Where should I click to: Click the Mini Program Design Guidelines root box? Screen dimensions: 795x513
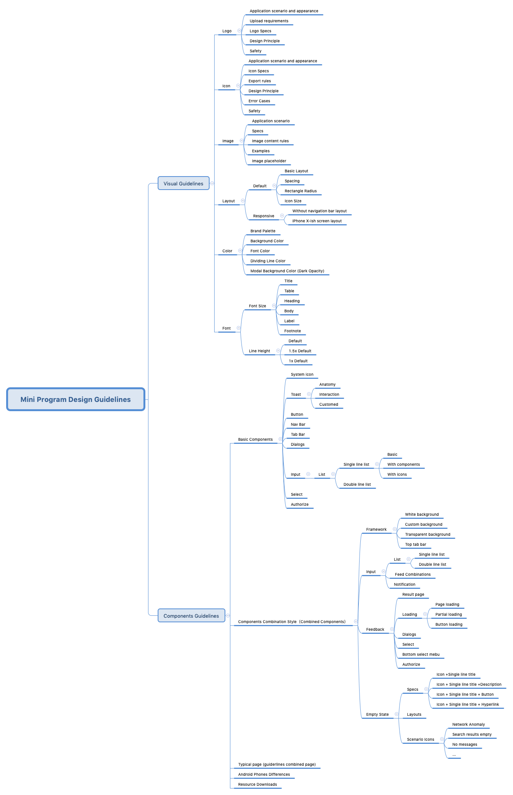75,399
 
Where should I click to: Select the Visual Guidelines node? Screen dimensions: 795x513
183,183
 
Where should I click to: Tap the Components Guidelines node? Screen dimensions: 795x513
191,616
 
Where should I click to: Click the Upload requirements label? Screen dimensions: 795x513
269,21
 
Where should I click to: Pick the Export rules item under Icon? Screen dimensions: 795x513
260,81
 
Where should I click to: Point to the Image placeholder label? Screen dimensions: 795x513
269,161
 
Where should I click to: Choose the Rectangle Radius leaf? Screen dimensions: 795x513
301,191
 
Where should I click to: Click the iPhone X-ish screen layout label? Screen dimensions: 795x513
317,221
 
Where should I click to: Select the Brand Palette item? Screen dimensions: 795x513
263,231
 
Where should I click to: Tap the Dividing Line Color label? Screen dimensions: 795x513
268,261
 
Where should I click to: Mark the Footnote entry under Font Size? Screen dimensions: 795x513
292,331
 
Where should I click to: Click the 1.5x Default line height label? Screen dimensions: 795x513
300,351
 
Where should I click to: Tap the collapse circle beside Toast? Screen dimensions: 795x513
309,394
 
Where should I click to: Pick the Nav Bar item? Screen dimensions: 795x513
298,425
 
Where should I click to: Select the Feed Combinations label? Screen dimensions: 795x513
413,575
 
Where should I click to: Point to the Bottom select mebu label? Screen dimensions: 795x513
421,655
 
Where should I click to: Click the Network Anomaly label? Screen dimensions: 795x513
468,725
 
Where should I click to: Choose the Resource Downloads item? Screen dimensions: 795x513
257,785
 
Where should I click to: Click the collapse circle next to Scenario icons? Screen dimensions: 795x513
442,739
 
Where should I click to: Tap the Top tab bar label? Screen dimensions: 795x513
415,545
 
